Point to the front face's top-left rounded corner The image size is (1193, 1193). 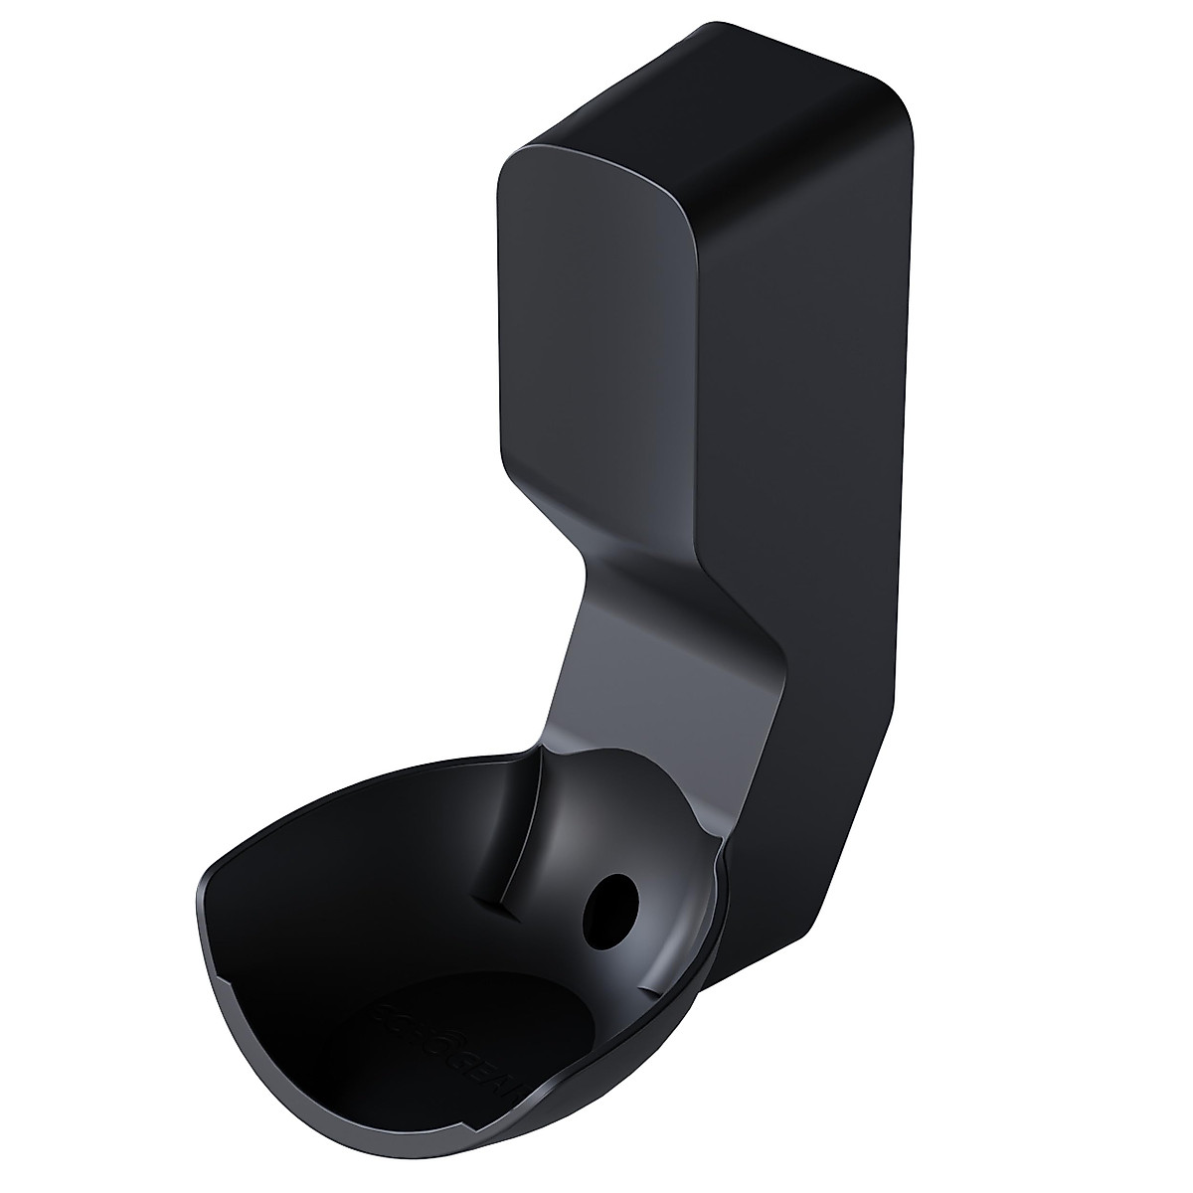point(512,164)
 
